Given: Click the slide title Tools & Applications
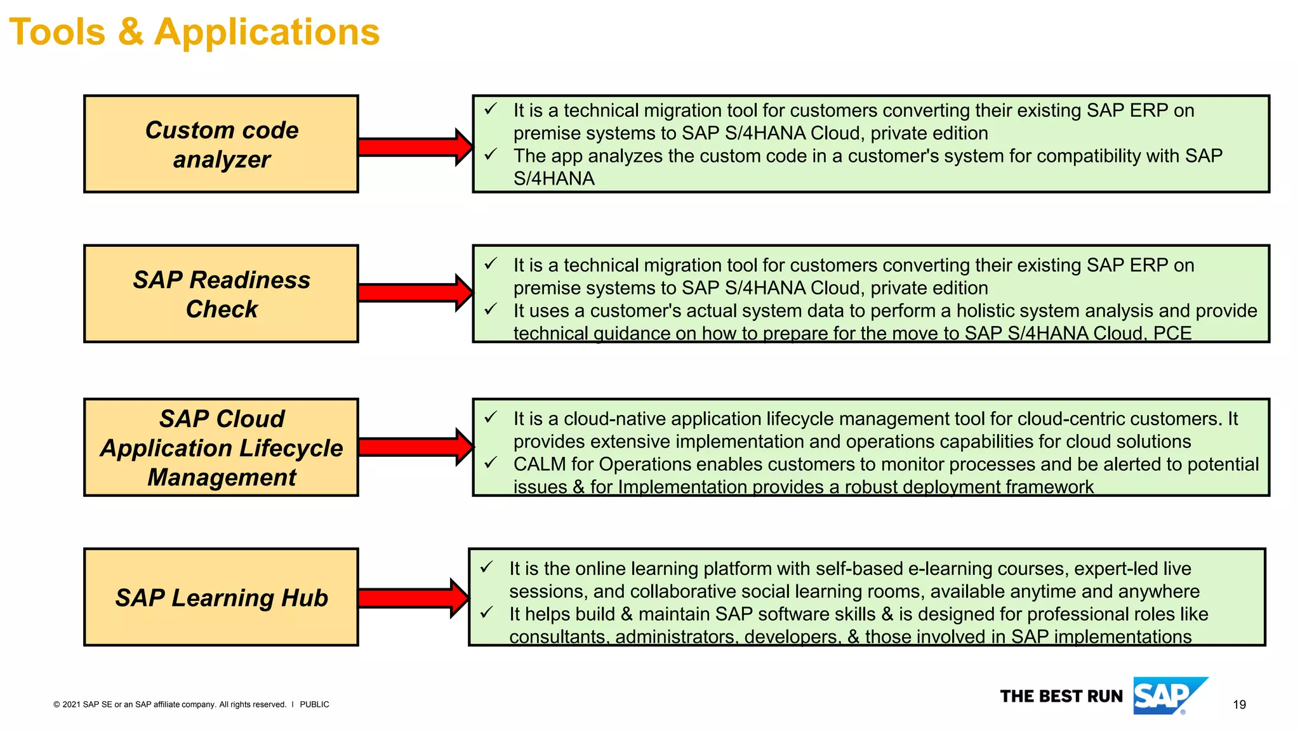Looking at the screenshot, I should coord(194,32).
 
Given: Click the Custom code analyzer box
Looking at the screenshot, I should coord(221,144).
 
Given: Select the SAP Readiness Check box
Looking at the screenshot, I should coord(221,294).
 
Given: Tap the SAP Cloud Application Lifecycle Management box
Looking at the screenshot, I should coord(221,447).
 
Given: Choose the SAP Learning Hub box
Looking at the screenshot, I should coord(221,597).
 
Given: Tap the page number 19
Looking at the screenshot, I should coord(1239,704).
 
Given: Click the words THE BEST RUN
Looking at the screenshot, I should coord(1061,697).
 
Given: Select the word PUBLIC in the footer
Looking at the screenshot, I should coord(314,704).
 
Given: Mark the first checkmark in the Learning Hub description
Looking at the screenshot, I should coord(486,567).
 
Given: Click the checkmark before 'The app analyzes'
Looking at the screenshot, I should coord(491,155).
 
